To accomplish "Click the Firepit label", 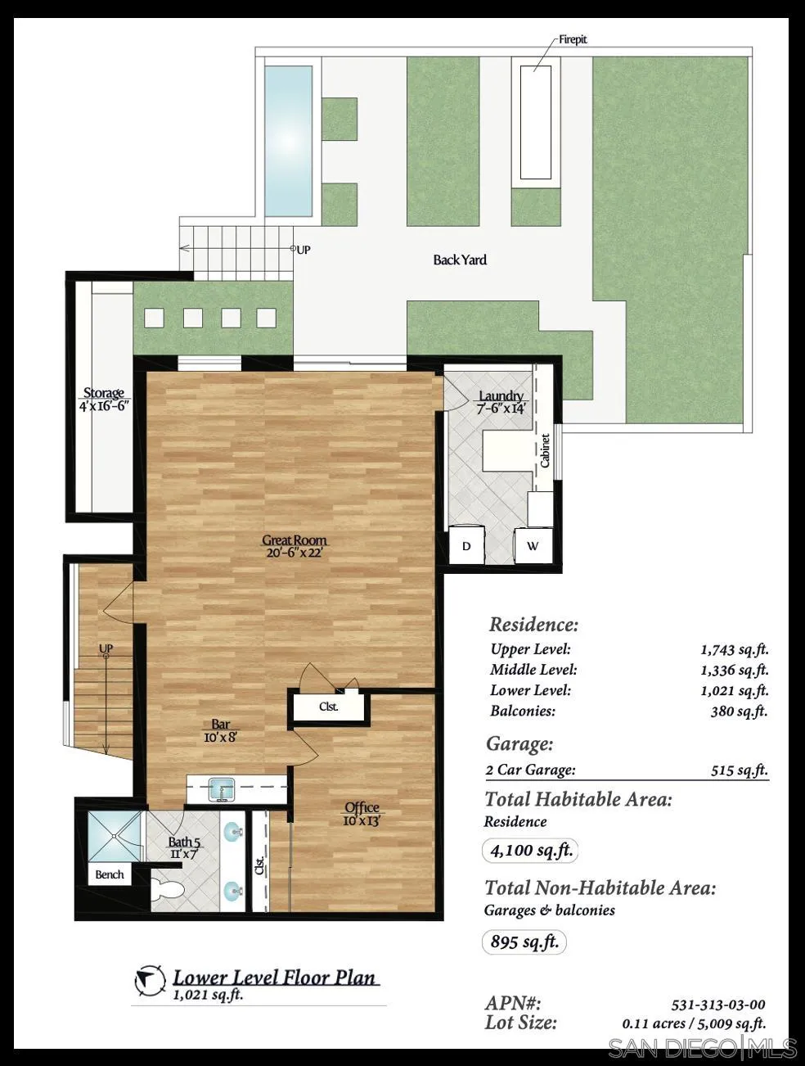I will pos(573,39).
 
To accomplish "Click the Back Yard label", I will pos(460,260).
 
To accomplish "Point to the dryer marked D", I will pos(466,546).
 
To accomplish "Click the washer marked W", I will pos(533,546).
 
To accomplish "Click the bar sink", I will pos(221,790).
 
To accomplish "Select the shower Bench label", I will pos(110,874).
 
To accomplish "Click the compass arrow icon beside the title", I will pos(148,980).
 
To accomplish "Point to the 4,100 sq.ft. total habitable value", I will pos(531,851).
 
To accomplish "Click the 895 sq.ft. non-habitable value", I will pos(524,942).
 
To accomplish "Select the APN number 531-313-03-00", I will pos(717,1005).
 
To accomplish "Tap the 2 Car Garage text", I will pos(530,770).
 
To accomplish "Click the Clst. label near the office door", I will pos(328,707).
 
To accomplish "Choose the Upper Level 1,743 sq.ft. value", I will pos(734,650).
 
